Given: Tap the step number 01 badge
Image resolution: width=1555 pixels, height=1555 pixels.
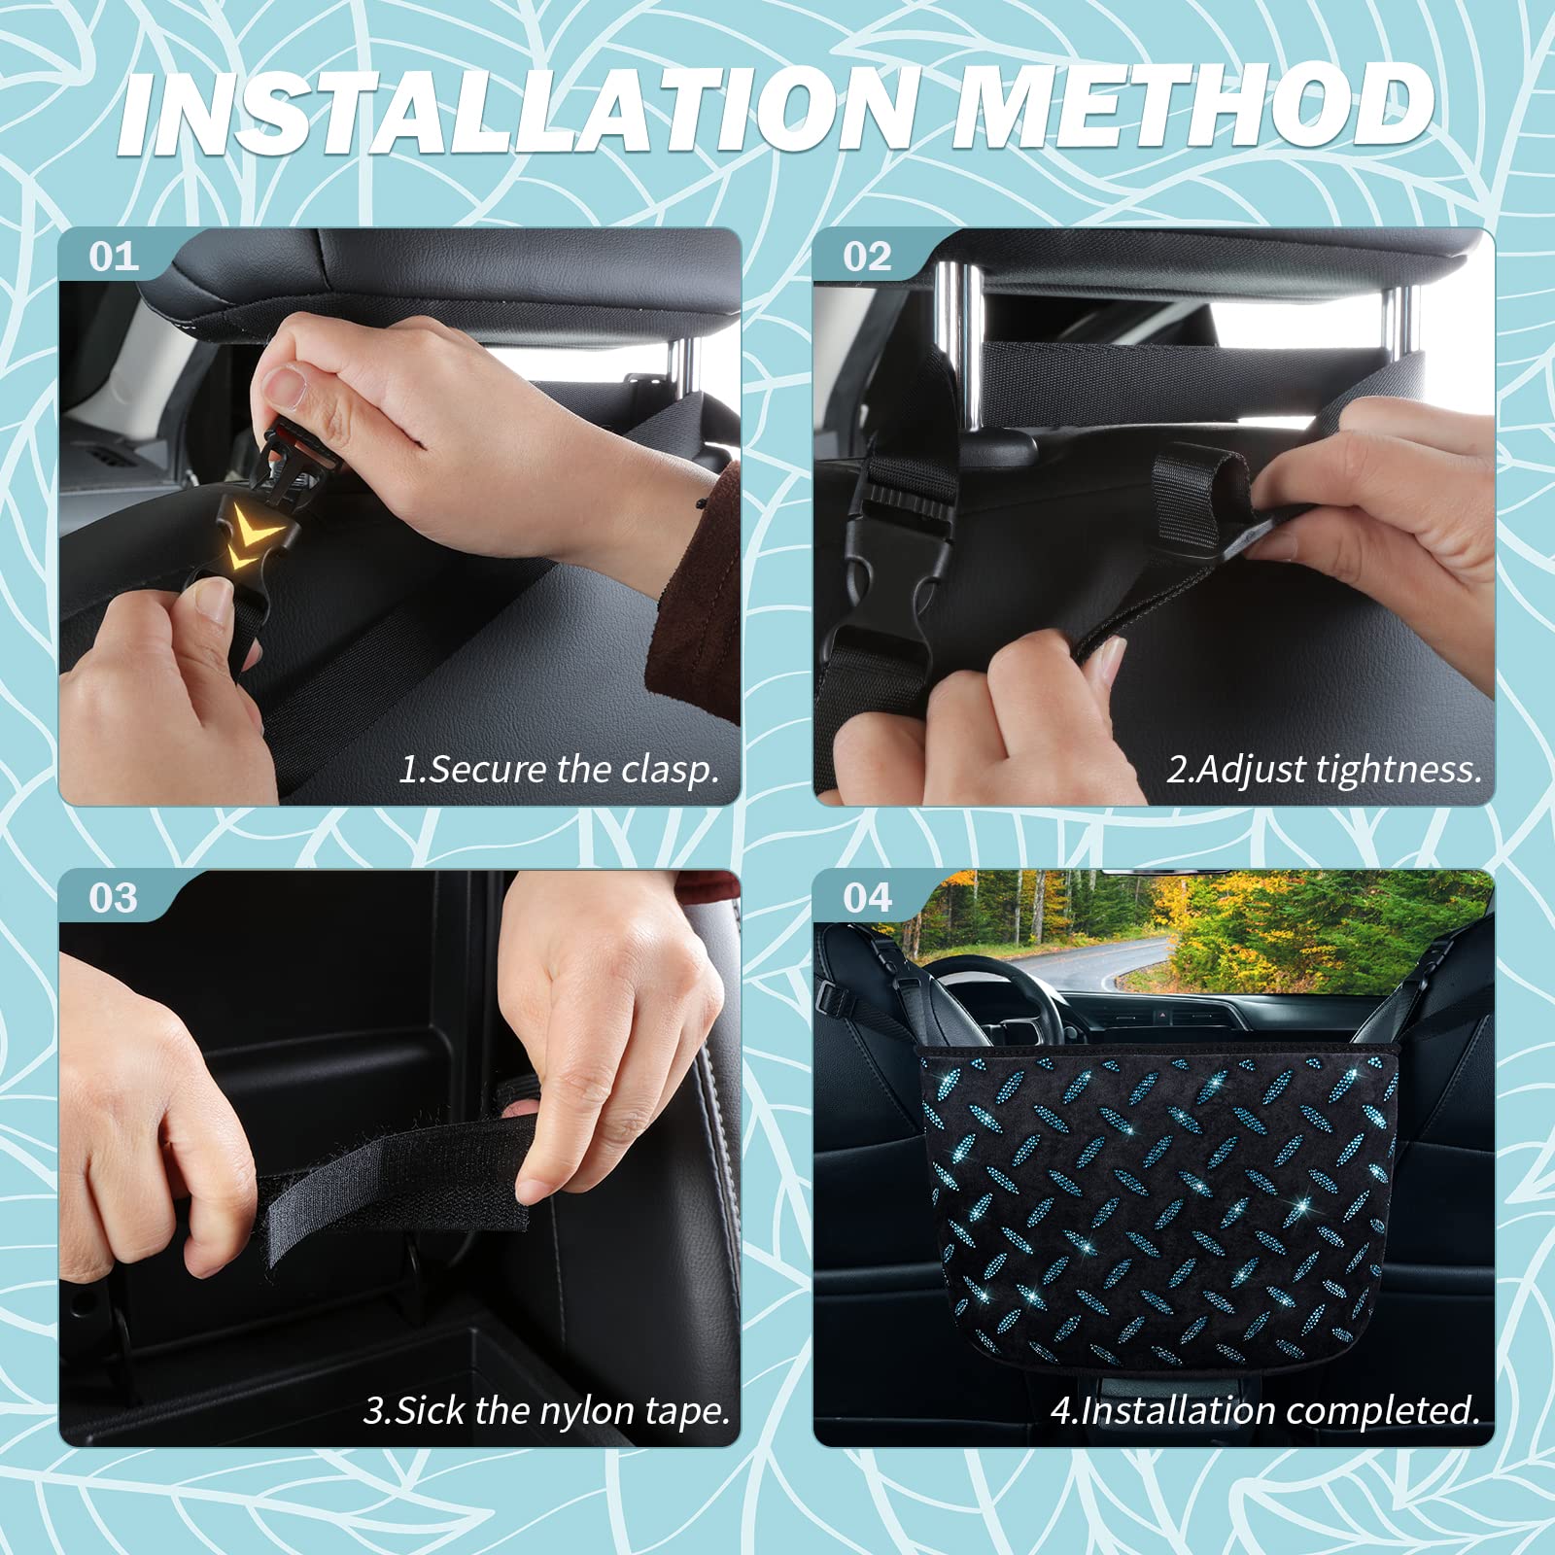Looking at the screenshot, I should [x=114, y=258].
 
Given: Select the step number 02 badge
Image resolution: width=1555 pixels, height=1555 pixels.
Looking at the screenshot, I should [x=867, y=258].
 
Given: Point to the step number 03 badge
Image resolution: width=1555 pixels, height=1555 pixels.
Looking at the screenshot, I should [x=114, y=898].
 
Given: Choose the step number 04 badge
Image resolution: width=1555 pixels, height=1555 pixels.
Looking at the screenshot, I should [x=867, y=898].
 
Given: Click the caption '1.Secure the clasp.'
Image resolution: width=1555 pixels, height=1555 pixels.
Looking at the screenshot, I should [x=559, y=769].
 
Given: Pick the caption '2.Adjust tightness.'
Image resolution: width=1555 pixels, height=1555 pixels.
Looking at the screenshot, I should [x=1324, y=769].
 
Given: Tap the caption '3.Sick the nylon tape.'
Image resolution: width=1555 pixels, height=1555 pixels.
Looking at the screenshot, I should [x=547, y=1410].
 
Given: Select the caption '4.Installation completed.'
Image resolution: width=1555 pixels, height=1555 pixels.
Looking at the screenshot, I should [x=1264, y=1410].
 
